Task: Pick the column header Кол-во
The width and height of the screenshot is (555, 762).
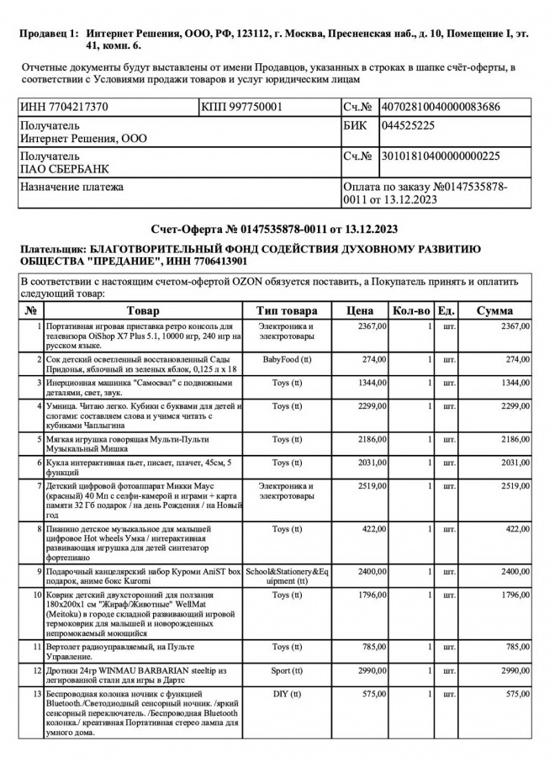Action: (x=412, y=310)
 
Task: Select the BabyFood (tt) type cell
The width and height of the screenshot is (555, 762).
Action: (x=287, y=359)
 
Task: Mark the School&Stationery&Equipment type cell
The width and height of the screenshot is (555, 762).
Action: (x=287, y=576)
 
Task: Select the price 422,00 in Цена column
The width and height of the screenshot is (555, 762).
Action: (x=374, y=529)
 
